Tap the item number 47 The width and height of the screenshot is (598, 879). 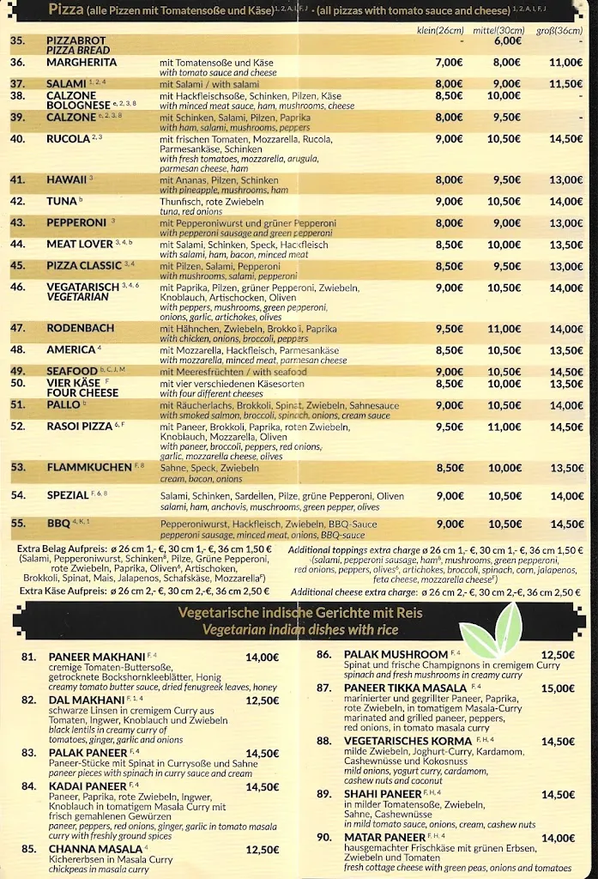point(18,328)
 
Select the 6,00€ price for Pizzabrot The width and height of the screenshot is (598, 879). point(507,40)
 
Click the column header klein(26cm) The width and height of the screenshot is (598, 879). point(439,30)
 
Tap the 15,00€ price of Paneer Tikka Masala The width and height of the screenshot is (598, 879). point(558,688)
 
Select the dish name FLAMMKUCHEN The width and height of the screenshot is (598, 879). point(88,468)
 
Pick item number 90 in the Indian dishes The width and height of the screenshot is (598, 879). point(323,837)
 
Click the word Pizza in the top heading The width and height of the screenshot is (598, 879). point(66,10)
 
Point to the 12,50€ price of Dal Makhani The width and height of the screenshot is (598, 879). point(262,700)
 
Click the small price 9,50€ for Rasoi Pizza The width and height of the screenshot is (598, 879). point(449,427)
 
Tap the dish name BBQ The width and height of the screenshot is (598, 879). point(58,523)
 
